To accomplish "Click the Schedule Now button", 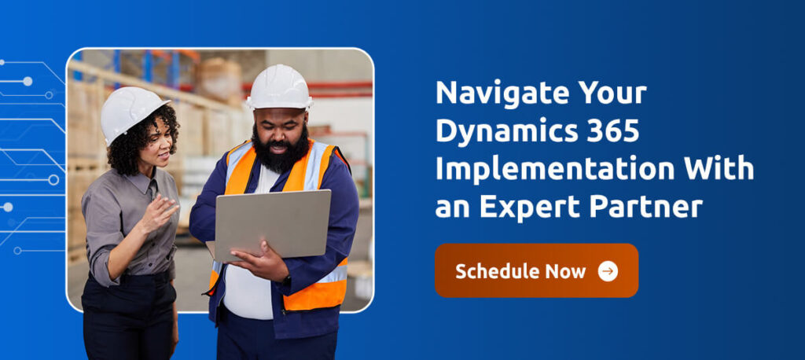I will (x=536, y=270).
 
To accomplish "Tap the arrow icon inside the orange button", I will (x=608, y=271).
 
